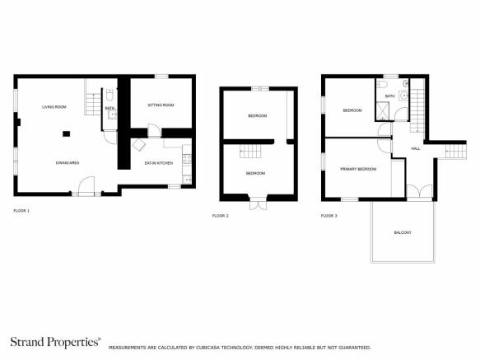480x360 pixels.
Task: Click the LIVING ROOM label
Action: (x=54, y=107)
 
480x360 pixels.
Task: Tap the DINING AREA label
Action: (x=68, y=163)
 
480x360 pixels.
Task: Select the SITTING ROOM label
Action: (x=161, y=105)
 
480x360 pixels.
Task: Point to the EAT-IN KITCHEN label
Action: (x=158, y=163)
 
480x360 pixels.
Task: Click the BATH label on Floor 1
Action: (x=110, y=108)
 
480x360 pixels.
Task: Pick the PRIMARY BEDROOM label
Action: (x=358, y=169)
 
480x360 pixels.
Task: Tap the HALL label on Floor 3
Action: (x=416, y=148)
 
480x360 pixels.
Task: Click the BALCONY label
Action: (x=402, y=233)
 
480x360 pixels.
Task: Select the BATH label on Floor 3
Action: (x=389, y=96)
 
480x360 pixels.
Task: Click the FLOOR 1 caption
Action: (x=21, y=212)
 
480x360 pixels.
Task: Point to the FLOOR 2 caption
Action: (x=221, y=216)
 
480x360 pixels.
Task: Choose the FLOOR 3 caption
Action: (x=329, y=216)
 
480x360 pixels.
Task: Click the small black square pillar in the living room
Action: (x=66, y=133)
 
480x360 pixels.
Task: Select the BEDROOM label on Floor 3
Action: (x=352, y=110)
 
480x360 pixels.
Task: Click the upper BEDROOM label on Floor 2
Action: (x=257, y=116)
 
